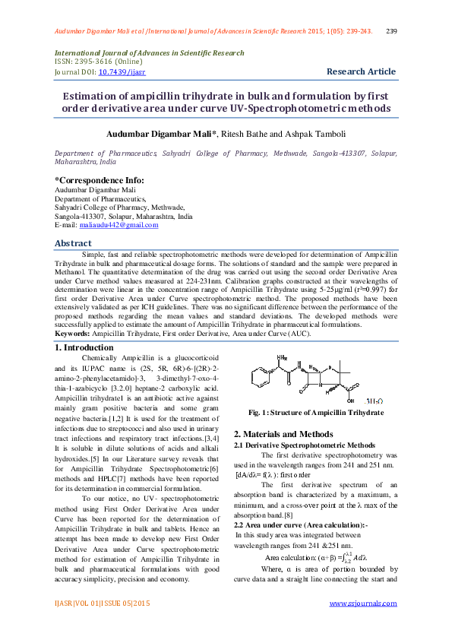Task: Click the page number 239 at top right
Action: coord(392,31)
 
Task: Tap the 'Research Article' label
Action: coord(361,71)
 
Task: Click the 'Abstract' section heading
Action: coord(73,243)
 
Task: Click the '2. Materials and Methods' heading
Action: coord(284,434)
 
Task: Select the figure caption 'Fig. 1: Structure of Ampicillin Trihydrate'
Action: coord(315,413)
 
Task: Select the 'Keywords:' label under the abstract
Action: coord(72,333)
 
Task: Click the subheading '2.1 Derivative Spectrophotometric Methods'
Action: coord(304,445)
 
